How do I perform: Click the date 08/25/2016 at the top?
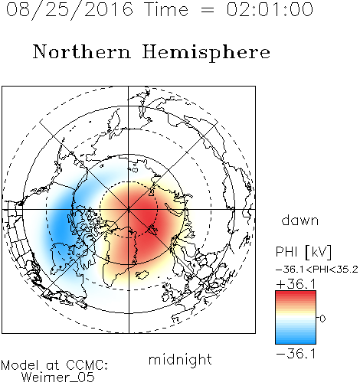point(70,9)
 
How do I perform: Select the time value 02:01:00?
point(270,9)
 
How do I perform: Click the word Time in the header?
point(166,9)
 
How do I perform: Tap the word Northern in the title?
point(82,52)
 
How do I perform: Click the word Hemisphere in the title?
point(206,53)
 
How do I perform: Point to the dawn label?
point(300,221)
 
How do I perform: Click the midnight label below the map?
point(180,360)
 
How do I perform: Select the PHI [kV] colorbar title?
point(303,252)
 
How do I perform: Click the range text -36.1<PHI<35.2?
point(317,270)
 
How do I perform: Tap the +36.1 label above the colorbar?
point(296,284)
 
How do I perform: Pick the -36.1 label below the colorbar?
point(296,354)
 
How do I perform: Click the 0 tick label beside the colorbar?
point(322,319)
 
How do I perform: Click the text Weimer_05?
point(58,378)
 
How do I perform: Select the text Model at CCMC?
point(54,365)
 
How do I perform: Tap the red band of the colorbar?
point(296,296)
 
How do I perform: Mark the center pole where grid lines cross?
point(129,209)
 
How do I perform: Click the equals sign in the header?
point(208,10)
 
